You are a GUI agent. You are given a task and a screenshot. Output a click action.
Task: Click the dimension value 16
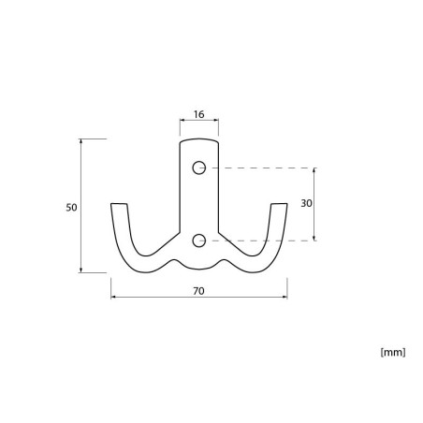198,114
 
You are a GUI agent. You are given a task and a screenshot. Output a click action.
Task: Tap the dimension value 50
71,208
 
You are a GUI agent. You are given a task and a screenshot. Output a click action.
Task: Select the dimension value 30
306,203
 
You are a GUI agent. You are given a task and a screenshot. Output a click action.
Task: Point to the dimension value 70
198,291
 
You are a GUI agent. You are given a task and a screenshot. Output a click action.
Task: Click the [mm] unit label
393,353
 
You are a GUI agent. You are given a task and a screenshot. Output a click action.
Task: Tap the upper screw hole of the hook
199,168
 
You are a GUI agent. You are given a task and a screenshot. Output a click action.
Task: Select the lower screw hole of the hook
199,241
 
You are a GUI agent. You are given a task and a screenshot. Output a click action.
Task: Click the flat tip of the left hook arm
119,204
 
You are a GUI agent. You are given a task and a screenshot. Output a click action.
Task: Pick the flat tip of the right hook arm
279,204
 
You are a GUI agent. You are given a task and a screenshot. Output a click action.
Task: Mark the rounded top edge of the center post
199,139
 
